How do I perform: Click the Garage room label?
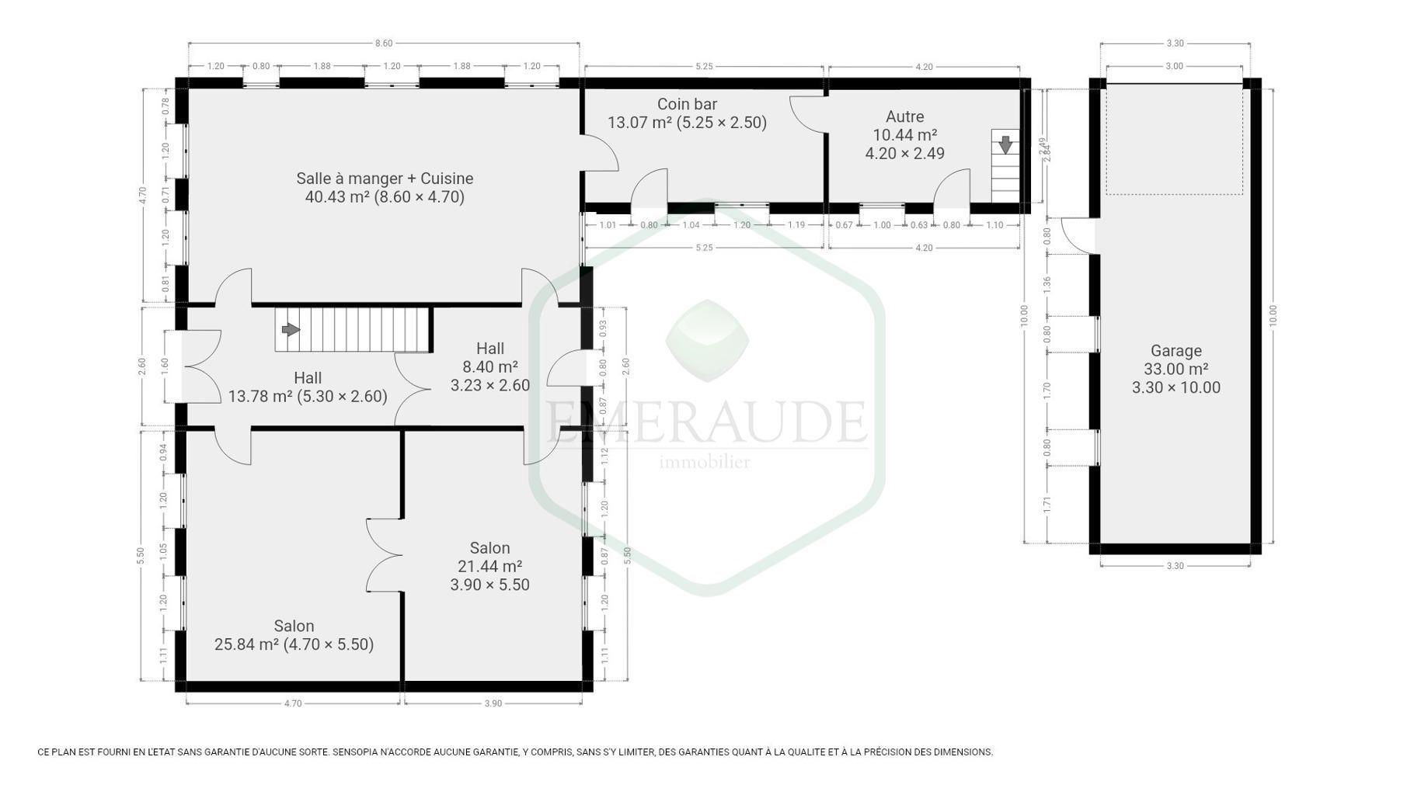coord(1176,351)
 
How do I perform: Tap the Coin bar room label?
coord(687,104)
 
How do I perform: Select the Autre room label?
coord(905,116)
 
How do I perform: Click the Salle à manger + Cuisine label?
coord(385,179)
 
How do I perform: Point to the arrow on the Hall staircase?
coord(291,330)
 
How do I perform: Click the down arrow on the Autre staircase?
coord(1005,144)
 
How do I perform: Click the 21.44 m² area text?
coord(489,567)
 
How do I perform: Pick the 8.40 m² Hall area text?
coord(489,367)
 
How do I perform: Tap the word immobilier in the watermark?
coord(705,463)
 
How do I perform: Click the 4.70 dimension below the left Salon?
coord(292,704)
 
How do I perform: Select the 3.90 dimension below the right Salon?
coord(493,704)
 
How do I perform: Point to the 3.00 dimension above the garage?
coord(1174,66)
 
